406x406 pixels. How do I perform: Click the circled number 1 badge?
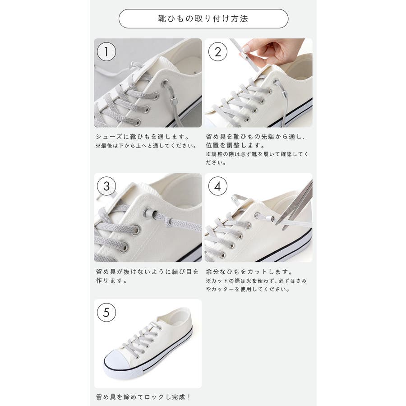(x=106, y=52)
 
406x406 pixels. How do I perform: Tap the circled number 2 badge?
(x=218, y=52)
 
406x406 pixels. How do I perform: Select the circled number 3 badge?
(x=106, y=186)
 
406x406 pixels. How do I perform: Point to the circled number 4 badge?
(x=218, y=186)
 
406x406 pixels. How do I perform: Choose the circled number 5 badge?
(x=106, y=312)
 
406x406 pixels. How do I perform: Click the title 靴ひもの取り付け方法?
(x=203, y=18)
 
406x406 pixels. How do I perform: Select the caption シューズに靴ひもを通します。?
(x=143, y=136)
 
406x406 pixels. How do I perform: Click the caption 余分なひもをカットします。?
(x=249, y=272)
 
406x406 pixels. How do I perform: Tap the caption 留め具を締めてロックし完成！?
(x=143, y=397)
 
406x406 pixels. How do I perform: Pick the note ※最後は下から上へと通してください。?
(x=146, y=146)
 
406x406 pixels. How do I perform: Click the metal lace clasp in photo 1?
(x=174, y=101)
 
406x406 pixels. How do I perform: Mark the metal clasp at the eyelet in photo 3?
(x=149, y=213)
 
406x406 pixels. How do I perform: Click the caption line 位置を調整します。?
(x=235, y=145)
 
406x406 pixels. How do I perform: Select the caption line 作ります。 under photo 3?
(x=111, y=281)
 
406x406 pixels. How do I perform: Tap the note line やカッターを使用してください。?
(x=248, y=289)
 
